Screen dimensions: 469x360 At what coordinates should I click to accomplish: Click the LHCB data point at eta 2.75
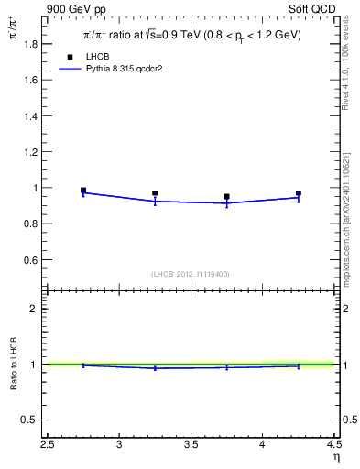click(83, 191)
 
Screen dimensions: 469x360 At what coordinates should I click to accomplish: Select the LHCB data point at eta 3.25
click(155, 193)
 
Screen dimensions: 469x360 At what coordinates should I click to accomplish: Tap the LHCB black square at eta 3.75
click(226, 196)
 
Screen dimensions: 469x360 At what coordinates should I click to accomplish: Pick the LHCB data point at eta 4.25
click(299, 193)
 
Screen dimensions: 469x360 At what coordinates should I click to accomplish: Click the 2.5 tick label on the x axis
click(48, 446)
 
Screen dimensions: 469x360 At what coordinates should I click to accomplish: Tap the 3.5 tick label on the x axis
click(191, 446)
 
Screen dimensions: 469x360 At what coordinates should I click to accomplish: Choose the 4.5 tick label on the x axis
click(333, 446)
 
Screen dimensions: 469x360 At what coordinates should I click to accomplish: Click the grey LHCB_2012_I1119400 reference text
click(191, 273)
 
